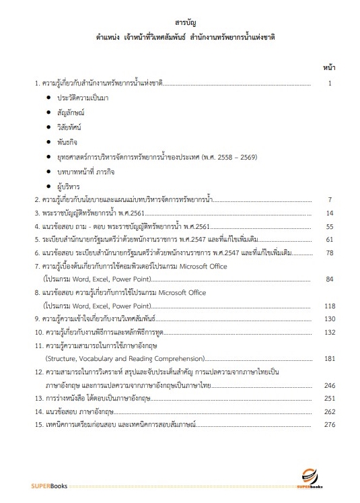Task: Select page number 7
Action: click(x=330, y=200)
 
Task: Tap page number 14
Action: click(x=330, y=213)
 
